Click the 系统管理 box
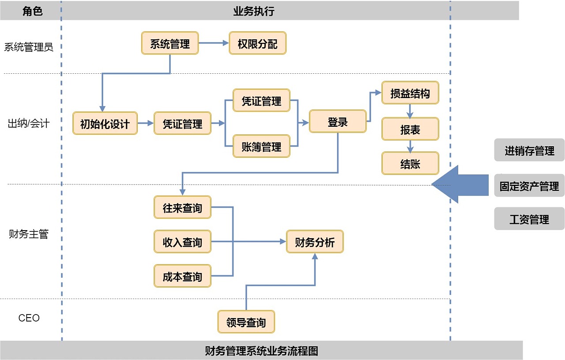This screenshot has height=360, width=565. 170,43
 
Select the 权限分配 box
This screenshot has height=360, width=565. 257,43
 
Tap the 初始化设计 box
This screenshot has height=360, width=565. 105,124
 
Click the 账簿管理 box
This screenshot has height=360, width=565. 261,146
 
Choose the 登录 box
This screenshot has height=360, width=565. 338,121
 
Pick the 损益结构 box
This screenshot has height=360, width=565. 410,93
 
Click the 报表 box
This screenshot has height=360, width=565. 410,129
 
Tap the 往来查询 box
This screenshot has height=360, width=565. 182,207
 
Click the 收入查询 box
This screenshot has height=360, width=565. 182,242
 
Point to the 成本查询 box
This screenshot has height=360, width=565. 182,276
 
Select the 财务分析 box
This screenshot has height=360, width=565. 315,242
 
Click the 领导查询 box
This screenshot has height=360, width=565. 246,322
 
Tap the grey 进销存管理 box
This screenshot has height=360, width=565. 529,150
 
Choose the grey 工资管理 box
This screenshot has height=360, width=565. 529,219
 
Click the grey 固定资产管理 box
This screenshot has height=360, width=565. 529,186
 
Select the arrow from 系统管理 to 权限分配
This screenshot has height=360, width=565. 214,43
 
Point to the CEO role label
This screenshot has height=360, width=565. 29,318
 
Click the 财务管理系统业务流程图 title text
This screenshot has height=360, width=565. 261,351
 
